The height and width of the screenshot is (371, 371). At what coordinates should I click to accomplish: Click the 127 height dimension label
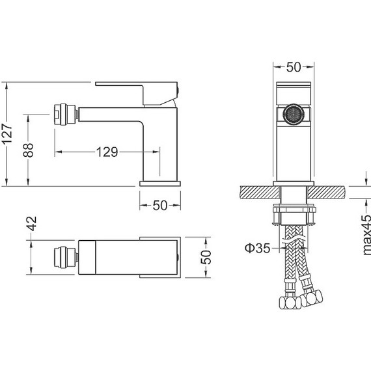pyautogui.click(x=7, y=133)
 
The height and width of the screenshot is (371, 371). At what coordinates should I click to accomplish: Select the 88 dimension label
pyautogui.click(x=29, y=150)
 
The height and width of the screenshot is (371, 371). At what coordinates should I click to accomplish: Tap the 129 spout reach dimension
pyautogui.click(x=107, y=152)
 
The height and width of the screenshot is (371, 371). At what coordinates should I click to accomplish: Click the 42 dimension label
pyautogui.click(x=31, y=224)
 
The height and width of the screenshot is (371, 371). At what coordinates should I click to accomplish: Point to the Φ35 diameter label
pyautogui.click(x=257, y=248)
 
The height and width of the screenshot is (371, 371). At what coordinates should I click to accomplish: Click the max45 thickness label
pyautogui.click(x=366, y=235)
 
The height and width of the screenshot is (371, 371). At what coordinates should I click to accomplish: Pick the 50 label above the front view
pyautogui.click(x=294, y=67)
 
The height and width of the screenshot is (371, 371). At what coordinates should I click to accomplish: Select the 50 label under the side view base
pyautogui.click(x=160, y=206)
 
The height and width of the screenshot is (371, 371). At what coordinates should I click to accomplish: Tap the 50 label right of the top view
pyautogui.click(x=206, y=257)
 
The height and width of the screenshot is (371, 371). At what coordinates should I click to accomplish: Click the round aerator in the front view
pyautogui.click(x=294, y=115)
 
